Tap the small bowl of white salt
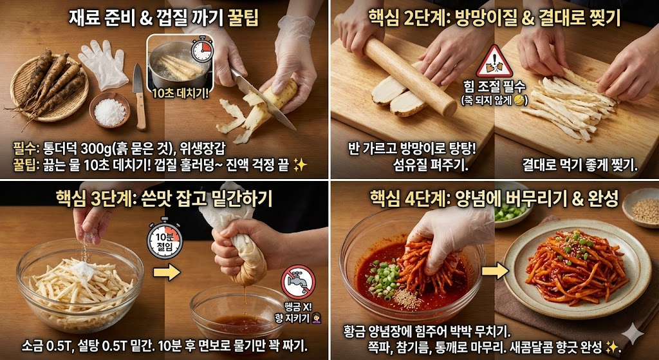(109, 111)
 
